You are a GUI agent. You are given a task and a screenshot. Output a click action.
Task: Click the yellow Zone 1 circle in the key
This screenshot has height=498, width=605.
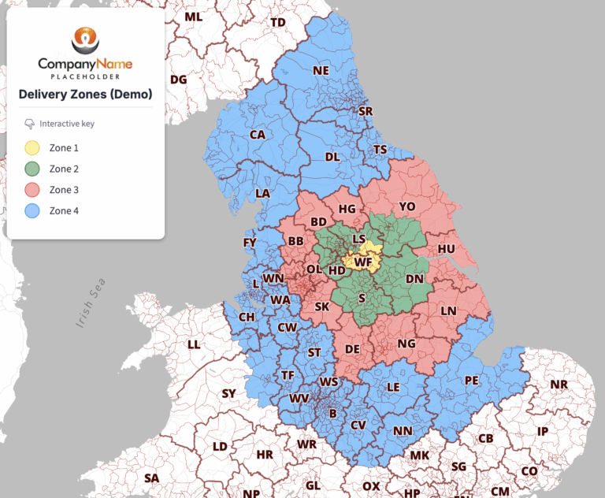coord(32,147)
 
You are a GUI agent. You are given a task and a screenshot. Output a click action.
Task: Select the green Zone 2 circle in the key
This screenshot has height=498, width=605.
coord(32,169)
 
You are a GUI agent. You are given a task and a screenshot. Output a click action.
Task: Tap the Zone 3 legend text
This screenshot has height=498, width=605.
coord(64,190)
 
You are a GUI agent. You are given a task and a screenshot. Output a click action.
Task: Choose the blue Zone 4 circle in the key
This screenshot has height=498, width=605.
coord(32,211)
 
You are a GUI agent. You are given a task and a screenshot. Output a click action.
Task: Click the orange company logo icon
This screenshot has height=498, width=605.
coord(85,39)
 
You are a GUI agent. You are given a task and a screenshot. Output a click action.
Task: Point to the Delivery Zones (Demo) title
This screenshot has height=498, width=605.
coord(85,95)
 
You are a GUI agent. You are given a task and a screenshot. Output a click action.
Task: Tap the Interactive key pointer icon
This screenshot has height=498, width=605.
coord(29,124)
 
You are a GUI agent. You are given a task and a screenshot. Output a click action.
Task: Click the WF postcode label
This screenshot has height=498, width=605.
coord(363,262)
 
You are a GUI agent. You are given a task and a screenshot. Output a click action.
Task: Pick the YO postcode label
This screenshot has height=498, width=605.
coord(406,206)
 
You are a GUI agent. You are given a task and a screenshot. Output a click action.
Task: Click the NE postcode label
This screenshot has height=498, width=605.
coord(321,70)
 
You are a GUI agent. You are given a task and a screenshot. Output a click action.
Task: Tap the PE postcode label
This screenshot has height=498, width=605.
coord(471,380)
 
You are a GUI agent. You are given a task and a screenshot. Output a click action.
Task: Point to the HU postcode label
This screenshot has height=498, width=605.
coord(447,248)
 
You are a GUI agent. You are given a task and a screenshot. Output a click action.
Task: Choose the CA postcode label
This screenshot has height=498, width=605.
coord(258,135)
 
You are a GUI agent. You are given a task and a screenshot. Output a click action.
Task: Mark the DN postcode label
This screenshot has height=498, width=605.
coord(414,279)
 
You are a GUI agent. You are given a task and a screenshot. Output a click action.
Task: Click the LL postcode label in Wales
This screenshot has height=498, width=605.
coord(194,344)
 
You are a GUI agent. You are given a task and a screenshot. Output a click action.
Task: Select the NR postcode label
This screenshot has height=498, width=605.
coord(559,385)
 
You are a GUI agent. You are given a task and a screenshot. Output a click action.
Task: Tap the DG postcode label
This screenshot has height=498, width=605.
coord(179,80)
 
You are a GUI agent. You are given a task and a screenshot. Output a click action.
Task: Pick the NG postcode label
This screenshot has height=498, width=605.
coord(406,344)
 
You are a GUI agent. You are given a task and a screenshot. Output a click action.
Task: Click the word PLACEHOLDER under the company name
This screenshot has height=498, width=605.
coord(85,77)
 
